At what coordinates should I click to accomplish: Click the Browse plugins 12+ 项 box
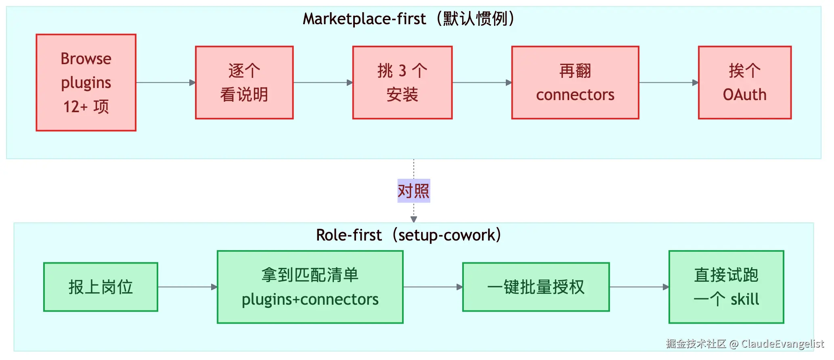point(86,82)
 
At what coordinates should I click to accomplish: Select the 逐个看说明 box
point(244,82)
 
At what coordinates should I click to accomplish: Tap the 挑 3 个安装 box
point(402,82)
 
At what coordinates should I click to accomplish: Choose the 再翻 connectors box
point(575,82)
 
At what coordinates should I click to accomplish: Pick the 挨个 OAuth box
point(744,82)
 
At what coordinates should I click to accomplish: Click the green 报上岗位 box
point(101,287)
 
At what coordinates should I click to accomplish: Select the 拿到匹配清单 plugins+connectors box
point(310,287)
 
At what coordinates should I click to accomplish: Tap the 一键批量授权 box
point(536,287)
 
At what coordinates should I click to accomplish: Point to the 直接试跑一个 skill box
point(726,287)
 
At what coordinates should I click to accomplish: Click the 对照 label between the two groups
point(414,190)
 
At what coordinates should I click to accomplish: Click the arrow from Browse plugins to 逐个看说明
point(166,82)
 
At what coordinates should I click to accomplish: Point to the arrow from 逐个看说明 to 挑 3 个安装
point(323,82)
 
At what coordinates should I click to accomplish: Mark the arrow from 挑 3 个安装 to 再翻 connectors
point(482,82)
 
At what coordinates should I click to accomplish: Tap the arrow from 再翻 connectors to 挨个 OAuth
point(668,82)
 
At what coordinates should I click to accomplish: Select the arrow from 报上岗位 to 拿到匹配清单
point(188,287)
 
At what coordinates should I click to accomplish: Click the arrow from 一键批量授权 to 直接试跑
point(639,287)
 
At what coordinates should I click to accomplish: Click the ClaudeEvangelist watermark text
point(783,343)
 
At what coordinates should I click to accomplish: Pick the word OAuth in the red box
point(744,94)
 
